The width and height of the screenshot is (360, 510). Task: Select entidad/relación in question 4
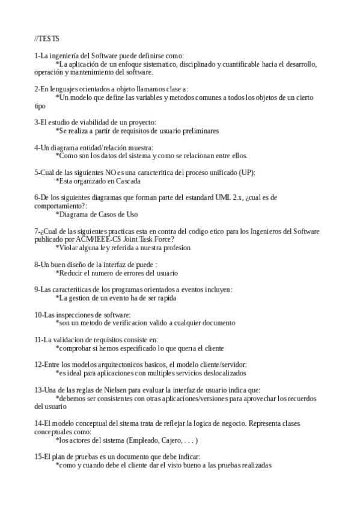click(99, 147)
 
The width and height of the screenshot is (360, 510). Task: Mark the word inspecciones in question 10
click(73, 315)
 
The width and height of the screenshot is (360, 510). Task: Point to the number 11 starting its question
click(38, 340)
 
